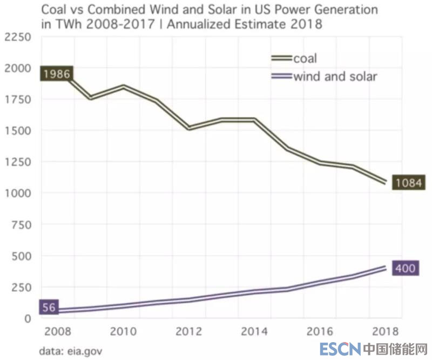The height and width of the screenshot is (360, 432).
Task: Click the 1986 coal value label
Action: (56, 74)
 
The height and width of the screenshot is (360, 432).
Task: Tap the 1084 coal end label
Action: (408, 182)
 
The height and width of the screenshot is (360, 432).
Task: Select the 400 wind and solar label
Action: (404, 268)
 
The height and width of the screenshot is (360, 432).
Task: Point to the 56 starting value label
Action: (49, 308)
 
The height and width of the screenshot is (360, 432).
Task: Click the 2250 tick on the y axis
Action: (17, 37)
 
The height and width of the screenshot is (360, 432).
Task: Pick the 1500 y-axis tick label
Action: (17, 130)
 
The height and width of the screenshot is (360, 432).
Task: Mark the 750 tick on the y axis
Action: (21, 224)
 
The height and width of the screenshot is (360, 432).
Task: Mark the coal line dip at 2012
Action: (190, 129)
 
